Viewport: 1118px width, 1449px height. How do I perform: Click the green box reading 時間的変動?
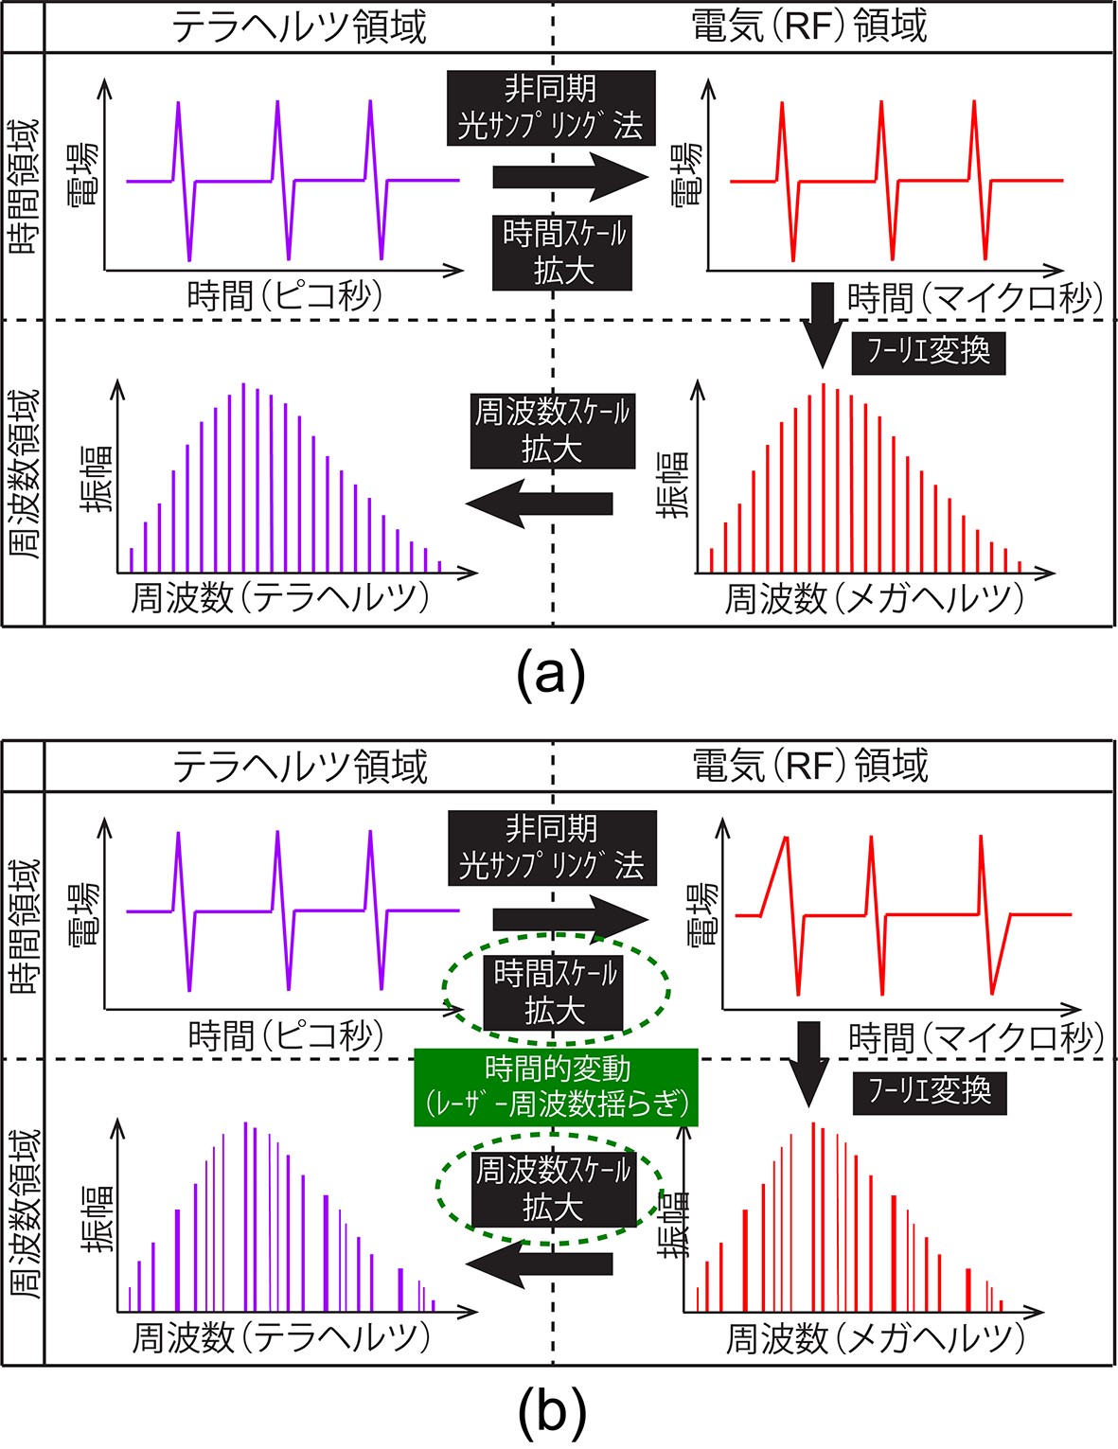[x=556, y=1087]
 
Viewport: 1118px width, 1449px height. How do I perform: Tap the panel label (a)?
[x=551, y=676]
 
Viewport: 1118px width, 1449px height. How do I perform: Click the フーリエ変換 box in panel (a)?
[x=928, y=352]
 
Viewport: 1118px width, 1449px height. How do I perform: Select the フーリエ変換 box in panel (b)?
[x=929, y=1091]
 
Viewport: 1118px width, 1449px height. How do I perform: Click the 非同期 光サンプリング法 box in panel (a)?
[x=551, y=107]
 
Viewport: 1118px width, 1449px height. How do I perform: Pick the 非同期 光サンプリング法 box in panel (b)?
[x=552, y=847]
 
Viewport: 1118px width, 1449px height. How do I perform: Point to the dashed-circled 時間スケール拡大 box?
[x=555, y=992]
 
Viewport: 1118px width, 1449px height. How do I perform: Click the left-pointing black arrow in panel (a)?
[x=540, y=503]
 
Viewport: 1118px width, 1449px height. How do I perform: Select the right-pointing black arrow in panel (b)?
[x=570, y=918]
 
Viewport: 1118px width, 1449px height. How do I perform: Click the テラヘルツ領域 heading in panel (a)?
[x=299, y=27]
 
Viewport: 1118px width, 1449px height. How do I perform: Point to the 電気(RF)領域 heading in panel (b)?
[x=810, y=765]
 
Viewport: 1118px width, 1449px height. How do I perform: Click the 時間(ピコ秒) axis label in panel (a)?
[x=285, y=296]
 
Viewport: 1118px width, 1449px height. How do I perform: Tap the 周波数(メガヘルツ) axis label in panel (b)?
[x=876, y=1338]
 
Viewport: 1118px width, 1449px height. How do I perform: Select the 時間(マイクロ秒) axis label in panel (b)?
[x=976, y=1039]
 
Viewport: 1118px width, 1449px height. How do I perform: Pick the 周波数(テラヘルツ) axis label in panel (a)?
[x=280, y=598]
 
